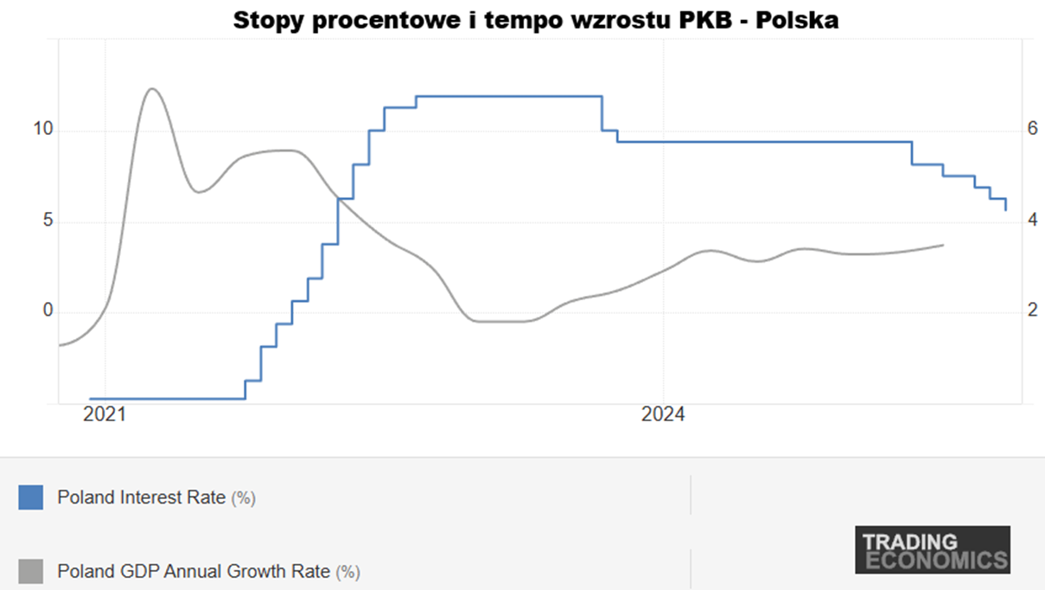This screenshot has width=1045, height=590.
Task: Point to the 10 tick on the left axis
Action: (x=43, y=130)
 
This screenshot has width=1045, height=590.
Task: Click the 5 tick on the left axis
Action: (x=48, y=221)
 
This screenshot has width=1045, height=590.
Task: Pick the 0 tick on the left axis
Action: (x=48, y=311)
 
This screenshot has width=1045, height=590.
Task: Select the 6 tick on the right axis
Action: (x=1031, y=130)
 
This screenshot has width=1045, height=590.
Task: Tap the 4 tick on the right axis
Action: (x=1031, y=221)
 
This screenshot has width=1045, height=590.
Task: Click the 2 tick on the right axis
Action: (x=1031, y=311)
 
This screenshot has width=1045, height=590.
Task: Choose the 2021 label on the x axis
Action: (x=105, y=415)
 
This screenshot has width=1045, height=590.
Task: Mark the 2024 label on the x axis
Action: (x=663, y=415)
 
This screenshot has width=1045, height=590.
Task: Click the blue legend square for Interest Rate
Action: (x=30, y=497)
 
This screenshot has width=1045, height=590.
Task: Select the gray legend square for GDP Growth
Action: (x=30, y=571)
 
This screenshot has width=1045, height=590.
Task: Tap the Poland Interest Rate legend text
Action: (x=142, y=497)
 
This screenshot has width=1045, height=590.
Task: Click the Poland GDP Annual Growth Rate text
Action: (x=194, y=571)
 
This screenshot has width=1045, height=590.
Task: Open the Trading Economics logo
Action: (x=933, y=550)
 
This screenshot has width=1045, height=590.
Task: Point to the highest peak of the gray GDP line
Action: (x=151, y=88)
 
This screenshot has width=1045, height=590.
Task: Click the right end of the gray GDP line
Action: (x=943, y=245)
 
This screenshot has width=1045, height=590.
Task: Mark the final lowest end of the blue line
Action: (x=1005, y=209)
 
